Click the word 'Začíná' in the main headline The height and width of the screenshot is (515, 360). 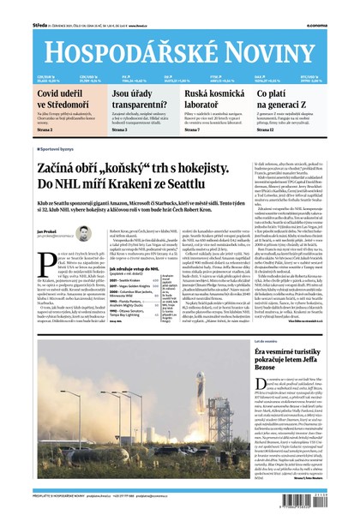coord(61,169)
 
